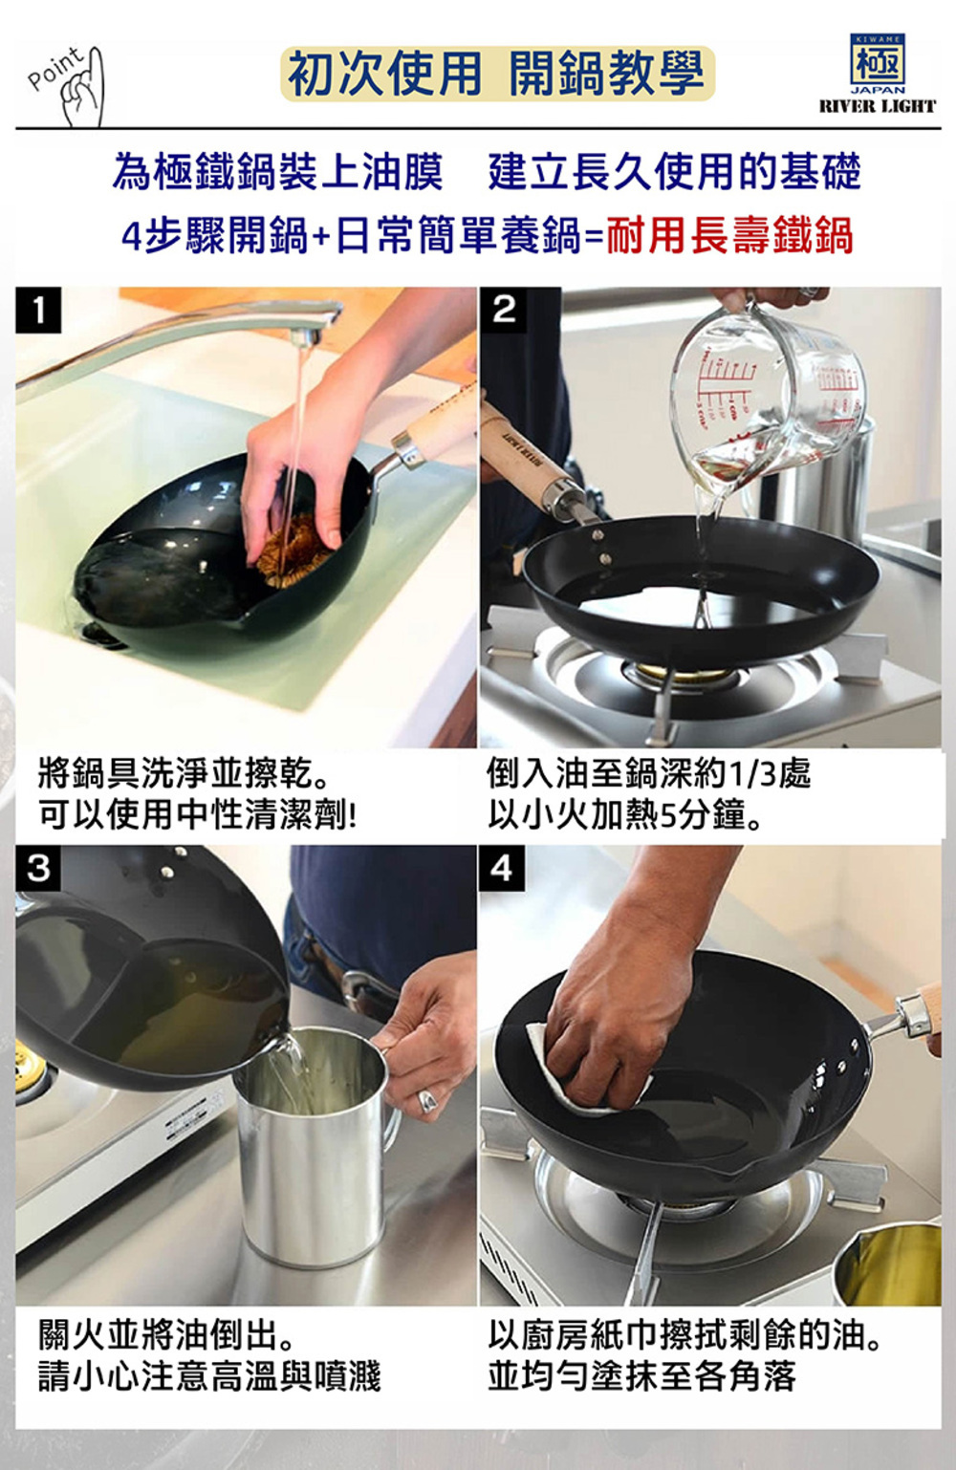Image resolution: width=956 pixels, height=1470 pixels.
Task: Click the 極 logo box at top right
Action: point(878,60)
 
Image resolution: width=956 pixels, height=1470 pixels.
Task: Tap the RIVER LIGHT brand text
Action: point(878,106)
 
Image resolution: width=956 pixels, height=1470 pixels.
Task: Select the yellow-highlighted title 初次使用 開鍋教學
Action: point(497,74)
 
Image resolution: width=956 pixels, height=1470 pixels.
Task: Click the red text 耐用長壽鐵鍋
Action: point(729,236)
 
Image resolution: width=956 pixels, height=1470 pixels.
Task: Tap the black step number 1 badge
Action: point(39,310)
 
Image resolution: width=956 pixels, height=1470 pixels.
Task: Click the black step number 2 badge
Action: point(503,310)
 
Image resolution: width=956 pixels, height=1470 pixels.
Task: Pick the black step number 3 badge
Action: point(39,868)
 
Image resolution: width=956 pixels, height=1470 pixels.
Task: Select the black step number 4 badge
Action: point(502,868)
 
